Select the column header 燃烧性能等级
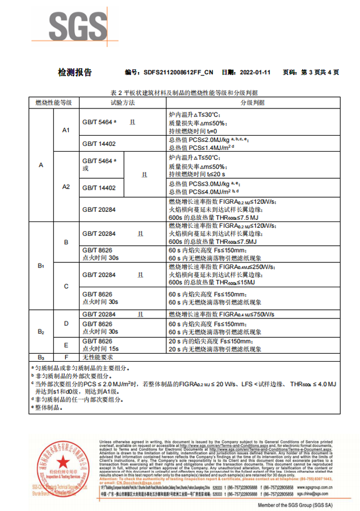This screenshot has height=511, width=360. pos(53,103)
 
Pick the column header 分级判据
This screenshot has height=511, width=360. pos(253,103)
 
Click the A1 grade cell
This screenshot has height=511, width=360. pos(66,131)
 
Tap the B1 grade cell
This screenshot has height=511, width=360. pos(41,266)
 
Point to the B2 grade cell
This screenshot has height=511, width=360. pos(41,331)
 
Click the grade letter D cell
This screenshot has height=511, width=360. pos(66,324)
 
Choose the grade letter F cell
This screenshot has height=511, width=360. pos(66,357)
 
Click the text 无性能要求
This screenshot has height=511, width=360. pos(98,357)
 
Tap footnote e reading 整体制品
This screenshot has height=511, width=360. pos(48,408)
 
